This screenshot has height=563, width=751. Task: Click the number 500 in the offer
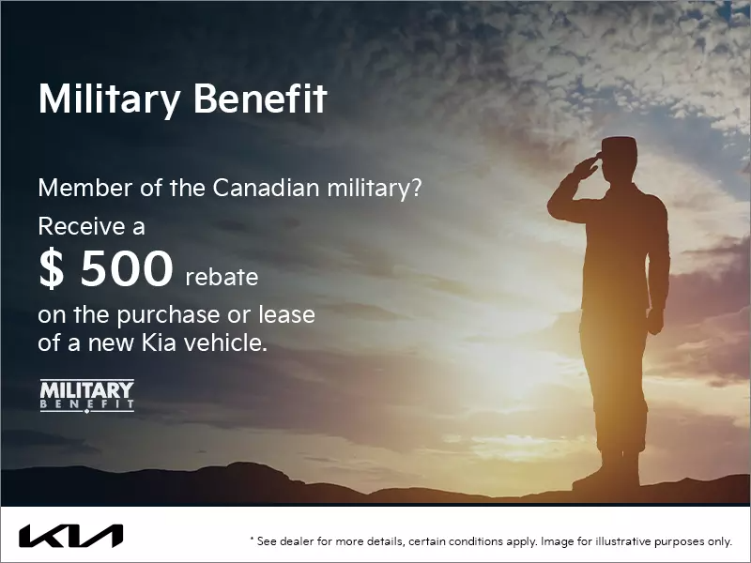click(x=127, y=269)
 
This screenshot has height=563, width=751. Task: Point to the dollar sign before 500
click(x=51, y=269)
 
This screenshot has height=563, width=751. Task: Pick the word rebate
click(x=222, y=278)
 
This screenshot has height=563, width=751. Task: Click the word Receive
click(x=78, y=226)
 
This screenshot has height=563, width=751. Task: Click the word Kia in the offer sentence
click(x=171, y=343)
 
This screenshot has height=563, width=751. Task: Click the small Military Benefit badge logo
click(x=87, y=395)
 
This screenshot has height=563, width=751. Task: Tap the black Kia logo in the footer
click(x=70, y=537)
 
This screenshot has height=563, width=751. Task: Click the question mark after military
click(x=416, y=188)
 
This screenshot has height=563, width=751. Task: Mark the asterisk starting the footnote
click(x=252, y=540)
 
